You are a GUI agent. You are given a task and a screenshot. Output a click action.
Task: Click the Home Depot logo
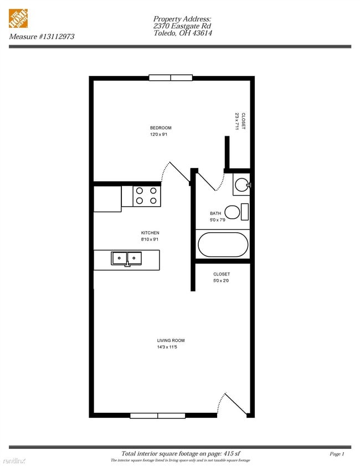pyautogui.click(x=19, y=19)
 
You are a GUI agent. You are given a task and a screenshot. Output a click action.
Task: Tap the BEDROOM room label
pyautogui.click(x=161, y=128)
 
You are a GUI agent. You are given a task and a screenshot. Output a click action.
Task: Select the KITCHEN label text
pyautogui.click(x=150, y=233)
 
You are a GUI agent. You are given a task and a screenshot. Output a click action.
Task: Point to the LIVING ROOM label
pyautogui.click(x=171, y=340)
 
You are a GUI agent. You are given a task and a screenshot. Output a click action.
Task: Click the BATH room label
pyautogui.click(x=215, y=213)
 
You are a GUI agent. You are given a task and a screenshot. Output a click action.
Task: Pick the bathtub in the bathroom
pyautogui.click(x=223, y=244)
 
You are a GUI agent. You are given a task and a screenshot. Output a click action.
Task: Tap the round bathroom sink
pyautogui.click(x=241, y=185)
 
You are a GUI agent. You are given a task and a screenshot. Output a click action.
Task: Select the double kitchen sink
pyautogui.click(x=127, y=258)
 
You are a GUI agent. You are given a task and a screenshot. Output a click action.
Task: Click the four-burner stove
pyautogui.click(x=146, y=196)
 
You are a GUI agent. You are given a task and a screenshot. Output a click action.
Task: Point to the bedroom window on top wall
pyautogui.click(x=171, y=78)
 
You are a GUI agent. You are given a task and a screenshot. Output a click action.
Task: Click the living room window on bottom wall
pyautogui.click(x=158, y=415)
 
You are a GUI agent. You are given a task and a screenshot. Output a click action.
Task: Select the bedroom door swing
pyautogui.click(x=177, y=172)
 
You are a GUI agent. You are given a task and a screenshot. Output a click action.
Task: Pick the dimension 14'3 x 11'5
pyautogui.click(x=171, y=347)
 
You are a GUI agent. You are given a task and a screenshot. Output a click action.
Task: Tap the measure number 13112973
pyautogui.click(x=42, y=37)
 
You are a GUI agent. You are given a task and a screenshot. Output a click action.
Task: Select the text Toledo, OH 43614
pyautogui.click(x=183, y=33)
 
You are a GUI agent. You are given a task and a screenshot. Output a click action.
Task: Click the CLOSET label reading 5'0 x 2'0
pyautogui.click(x=222, y=277)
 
